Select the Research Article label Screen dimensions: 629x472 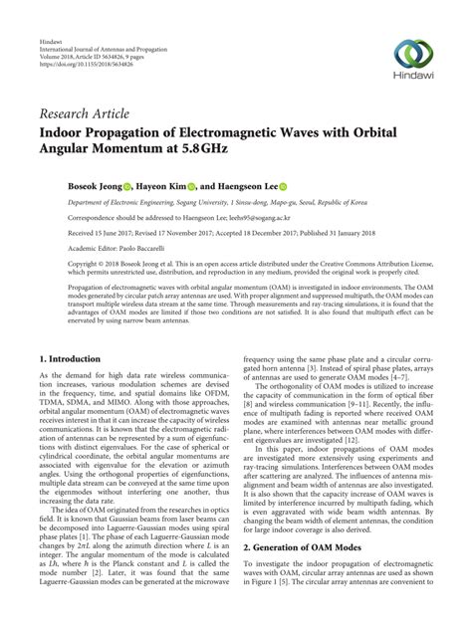tap(82, 115)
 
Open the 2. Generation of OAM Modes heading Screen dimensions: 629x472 tap(308, 574)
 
